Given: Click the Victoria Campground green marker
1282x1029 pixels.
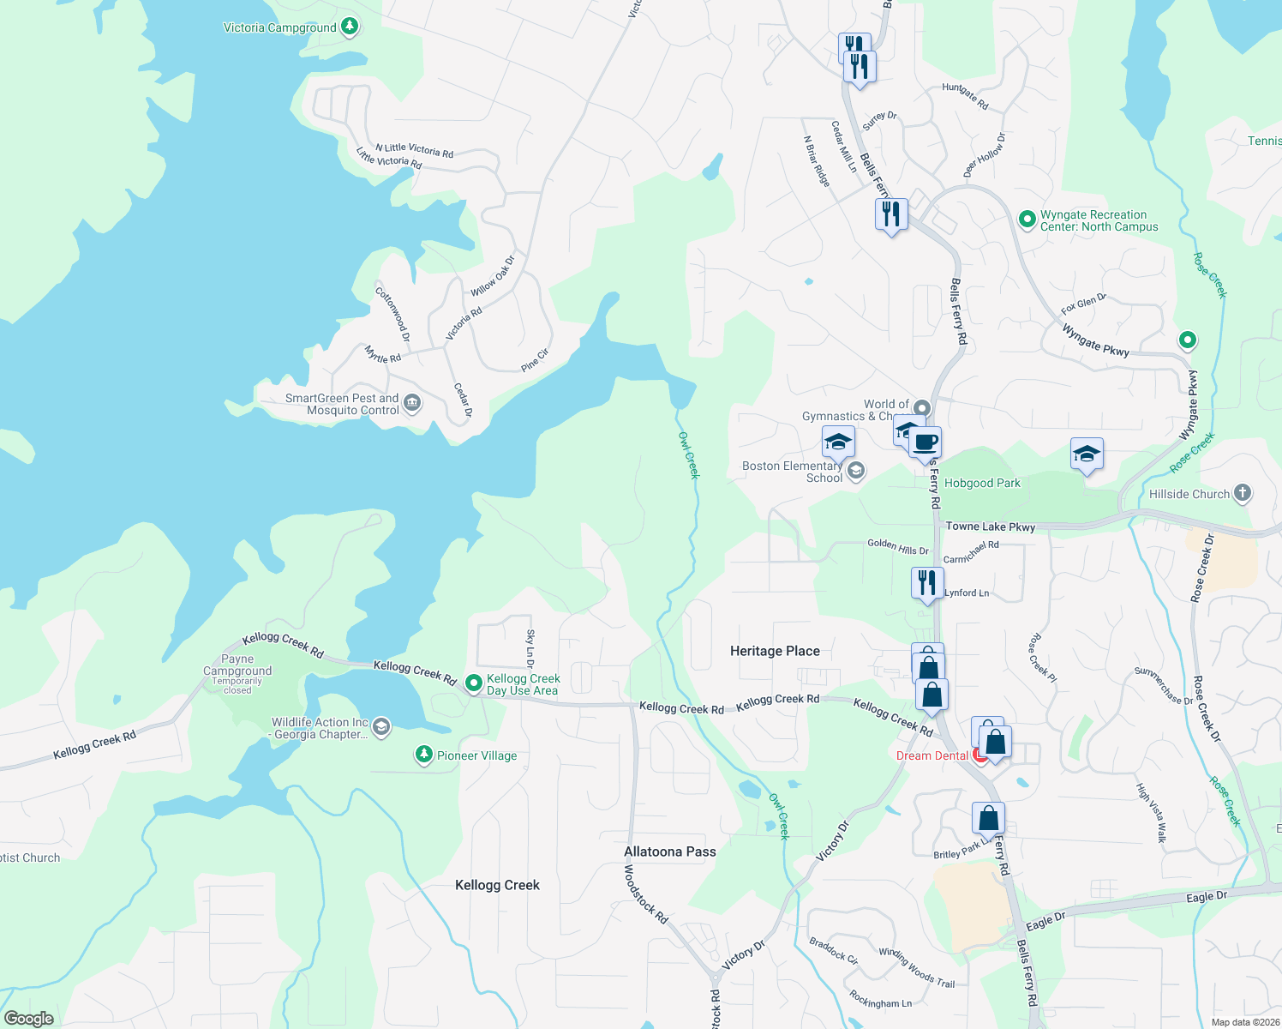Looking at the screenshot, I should (349, 27).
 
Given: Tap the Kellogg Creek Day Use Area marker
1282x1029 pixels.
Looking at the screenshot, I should (473, 683).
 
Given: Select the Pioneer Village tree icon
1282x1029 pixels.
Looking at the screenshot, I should (423, 755).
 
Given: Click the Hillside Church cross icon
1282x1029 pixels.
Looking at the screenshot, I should (1243, 493).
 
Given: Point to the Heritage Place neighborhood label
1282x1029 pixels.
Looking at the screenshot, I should (775, 651).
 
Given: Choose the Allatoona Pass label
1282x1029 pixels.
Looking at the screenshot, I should (669, 851).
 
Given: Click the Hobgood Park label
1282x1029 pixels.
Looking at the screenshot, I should (982, 483).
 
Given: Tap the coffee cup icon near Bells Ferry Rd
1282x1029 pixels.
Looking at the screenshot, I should (926, 442).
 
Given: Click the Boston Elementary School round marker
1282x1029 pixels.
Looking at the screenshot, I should (855, 470).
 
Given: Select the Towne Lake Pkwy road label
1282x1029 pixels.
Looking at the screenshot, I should (990, 527).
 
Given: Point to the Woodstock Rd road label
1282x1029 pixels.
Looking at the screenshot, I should (645, 894).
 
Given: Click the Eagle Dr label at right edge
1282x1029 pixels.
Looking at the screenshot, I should (1207, 897).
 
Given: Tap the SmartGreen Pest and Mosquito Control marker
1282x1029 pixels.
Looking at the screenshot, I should (412, 402).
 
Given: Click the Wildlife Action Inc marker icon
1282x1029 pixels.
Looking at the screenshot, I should (381, 727).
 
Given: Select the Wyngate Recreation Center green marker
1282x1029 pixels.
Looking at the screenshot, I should (1027, 220).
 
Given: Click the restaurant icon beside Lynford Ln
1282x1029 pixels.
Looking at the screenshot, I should (926, 583).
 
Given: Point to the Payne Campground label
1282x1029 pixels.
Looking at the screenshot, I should (237, 665).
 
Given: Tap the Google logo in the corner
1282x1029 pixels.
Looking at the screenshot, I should (29, 1018).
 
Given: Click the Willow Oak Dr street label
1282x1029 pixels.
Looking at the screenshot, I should (493, 275).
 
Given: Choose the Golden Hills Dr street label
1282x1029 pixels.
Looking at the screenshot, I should (897, 546).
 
